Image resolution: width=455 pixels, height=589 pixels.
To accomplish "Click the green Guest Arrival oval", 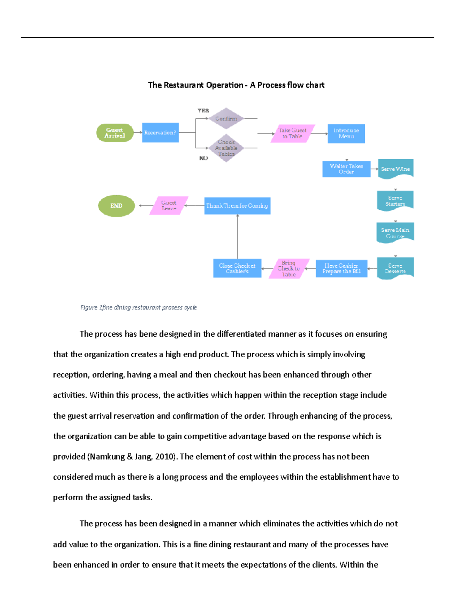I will (115, 133).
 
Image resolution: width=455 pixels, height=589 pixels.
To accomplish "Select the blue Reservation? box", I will (160, 133).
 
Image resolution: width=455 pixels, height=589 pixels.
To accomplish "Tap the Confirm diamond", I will (226, 118).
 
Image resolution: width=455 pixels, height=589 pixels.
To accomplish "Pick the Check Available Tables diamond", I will (226, 148).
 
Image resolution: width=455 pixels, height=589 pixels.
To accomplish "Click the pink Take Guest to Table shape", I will (293, 134).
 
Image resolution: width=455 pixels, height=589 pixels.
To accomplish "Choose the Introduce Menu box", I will (346, 134).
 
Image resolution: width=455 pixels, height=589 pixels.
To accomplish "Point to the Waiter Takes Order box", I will (346, 169).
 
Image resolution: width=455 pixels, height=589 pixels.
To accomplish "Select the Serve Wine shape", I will (395, 169).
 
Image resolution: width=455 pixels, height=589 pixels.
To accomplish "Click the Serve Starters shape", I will (395, 201).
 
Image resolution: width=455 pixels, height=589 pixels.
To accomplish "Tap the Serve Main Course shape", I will (395, 232).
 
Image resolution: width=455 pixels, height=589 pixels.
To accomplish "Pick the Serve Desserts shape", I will (395, 268).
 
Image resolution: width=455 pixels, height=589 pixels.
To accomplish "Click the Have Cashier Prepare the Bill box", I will (341, 269).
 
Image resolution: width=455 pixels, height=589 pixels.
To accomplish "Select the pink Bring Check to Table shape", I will (289, 269).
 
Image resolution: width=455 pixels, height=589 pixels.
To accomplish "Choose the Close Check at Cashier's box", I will (237, 269).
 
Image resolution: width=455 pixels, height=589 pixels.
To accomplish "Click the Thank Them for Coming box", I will (237, 206).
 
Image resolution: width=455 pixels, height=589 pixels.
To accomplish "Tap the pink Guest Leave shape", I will (169, 206).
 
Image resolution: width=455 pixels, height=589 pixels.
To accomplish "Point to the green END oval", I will (116, 206).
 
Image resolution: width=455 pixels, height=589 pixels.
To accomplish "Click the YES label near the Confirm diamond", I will (203, 110).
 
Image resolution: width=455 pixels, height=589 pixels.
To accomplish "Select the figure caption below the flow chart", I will (138, 308).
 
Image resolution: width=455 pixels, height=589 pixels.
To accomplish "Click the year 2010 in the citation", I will (165, 457).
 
